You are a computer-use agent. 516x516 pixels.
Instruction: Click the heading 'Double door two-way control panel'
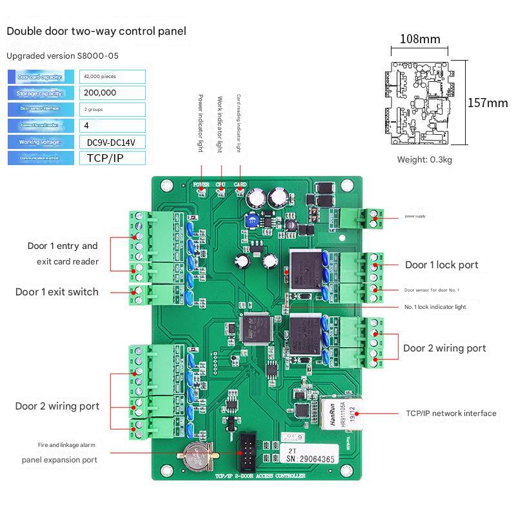tap(96, 31)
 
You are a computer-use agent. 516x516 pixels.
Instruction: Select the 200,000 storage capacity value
tap(101, 93)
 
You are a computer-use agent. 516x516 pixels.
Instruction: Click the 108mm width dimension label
tap(420, 39)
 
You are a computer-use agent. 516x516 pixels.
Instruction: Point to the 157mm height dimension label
tap(488, 103)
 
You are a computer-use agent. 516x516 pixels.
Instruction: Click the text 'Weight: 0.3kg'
tap(424, 159)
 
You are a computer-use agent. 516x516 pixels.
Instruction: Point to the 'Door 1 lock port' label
tap(442, 265)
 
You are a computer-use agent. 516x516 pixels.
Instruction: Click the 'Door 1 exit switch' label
tap(57, 292)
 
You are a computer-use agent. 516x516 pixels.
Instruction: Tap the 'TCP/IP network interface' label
tap(451, 413)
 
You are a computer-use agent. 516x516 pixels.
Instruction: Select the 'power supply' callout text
tap(415, 216)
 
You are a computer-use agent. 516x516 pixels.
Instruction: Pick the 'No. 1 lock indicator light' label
tap(435, 307)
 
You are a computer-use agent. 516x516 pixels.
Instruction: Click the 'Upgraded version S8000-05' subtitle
tap(63, 56)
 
